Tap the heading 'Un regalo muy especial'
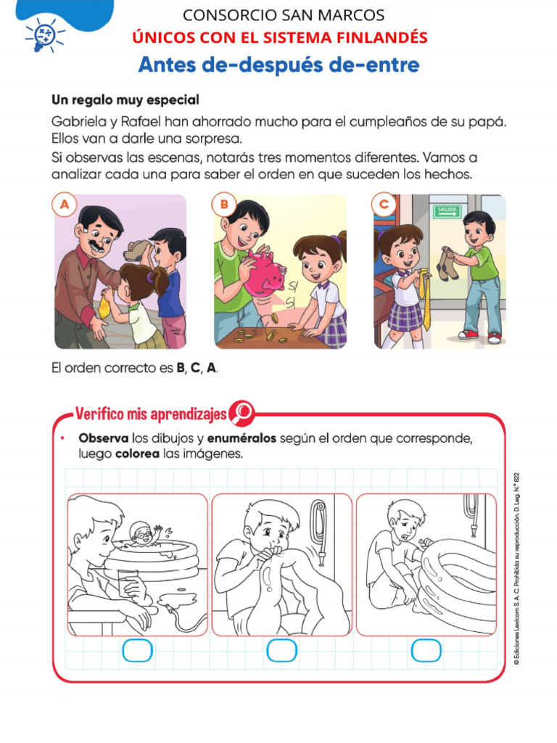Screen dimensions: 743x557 tap(125, 99)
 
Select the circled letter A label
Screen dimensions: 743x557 tap(65, 205)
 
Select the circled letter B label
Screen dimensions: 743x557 tap(224, 205)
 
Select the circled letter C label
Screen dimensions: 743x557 tap(384, 205)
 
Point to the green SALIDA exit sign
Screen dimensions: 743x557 tap(447, 212)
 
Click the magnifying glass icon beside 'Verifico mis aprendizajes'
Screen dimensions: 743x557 tap(242, 413)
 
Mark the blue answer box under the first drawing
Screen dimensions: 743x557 tap(137, 650)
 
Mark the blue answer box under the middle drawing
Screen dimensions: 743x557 tap(281, 650)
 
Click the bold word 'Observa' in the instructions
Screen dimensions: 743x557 tap(104, 439)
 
